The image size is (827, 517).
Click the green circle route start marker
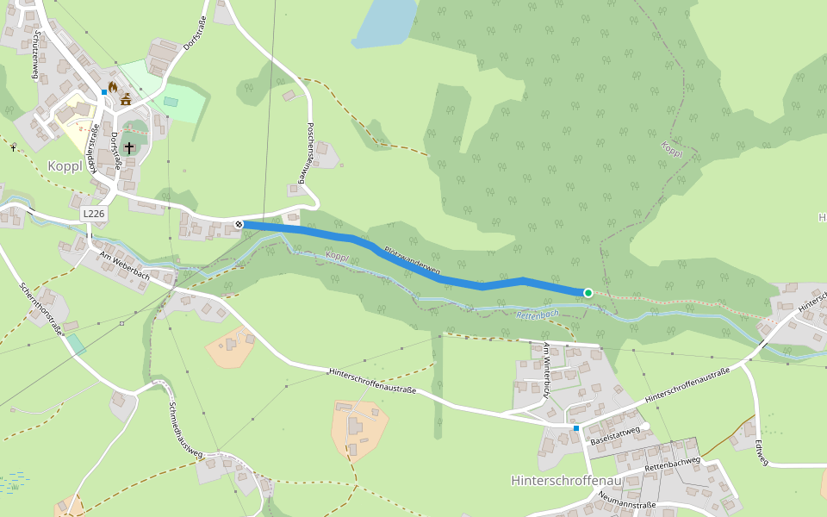pyautogui.click(x=588, y=293)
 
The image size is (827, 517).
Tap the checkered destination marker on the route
pyautogui.click(x=239, y=224)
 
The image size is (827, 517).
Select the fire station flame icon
pyautogui.click(x=112, y=86)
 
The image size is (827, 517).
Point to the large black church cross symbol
pyautogui.click(x=129, y=148)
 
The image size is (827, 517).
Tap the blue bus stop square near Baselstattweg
pyautogui.click(x=576, y=427)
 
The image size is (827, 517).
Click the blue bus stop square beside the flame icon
pyautogui.click(x=103, y=91)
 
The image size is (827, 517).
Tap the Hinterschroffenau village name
pyautogui.click(x=566, y=480)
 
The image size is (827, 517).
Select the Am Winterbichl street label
pyautogui.click(x=546, y=371)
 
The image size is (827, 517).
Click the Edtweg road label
pyautogui.click(x=760, y=453)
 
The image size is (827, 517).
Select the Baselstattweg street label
pyautogui.click(x=615, y=435)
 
